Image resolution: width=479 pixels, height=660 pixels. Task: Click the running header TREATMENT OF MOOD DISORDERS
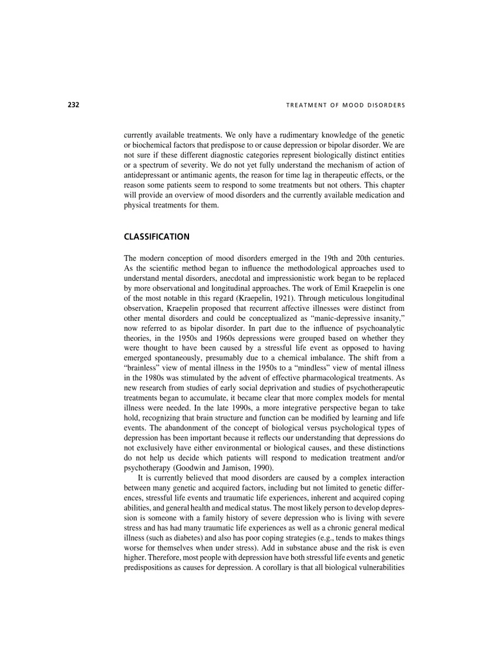[x=345, y=106]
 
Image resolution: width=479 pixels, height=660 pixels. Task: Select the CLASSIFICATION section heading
[x=157, y=237]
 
